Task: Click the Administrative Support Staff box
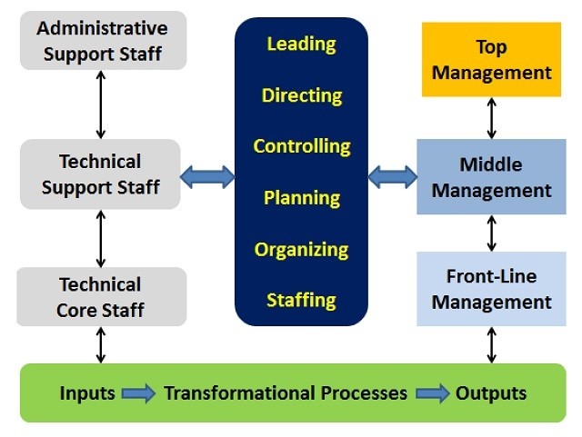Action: [x=103, y=41]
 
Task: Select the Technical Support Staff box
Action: [x=100, y=174]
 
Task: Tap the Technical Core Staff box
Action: [x=101, y=297]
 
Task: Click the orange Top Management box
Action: [x=491, y=59]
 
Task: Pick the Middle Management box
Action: [x=491, y=177]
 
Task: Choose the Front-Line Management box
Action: [x=491, y=289]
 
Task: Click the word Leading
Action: [x=301, y=45]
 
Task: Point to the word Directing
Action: [x=302, y=95]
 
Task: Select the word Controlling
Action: [x=302, y=146]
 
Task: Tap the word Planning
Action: [x=302, y=198]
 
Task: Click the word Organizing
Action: [x=301, y=250]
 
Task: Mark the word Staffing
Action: [x=301, y=300]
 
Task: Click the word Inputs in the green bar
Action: [x=87, y=392]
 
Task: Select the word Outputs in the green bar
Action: [x=491, y=393]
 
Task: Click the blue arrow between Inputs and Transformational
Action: [x=139, y=393]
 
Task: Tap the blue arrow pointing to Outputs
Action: [x=433, y=393]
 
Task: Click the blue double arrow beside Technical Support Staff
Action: [x=207, y=177]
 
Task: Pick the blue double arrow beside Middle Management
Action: [x=393, y=177]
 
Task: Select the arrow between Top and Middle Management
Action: [x=491, y=118]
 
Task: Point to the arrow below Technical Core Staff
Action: [x=101, y=344]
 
